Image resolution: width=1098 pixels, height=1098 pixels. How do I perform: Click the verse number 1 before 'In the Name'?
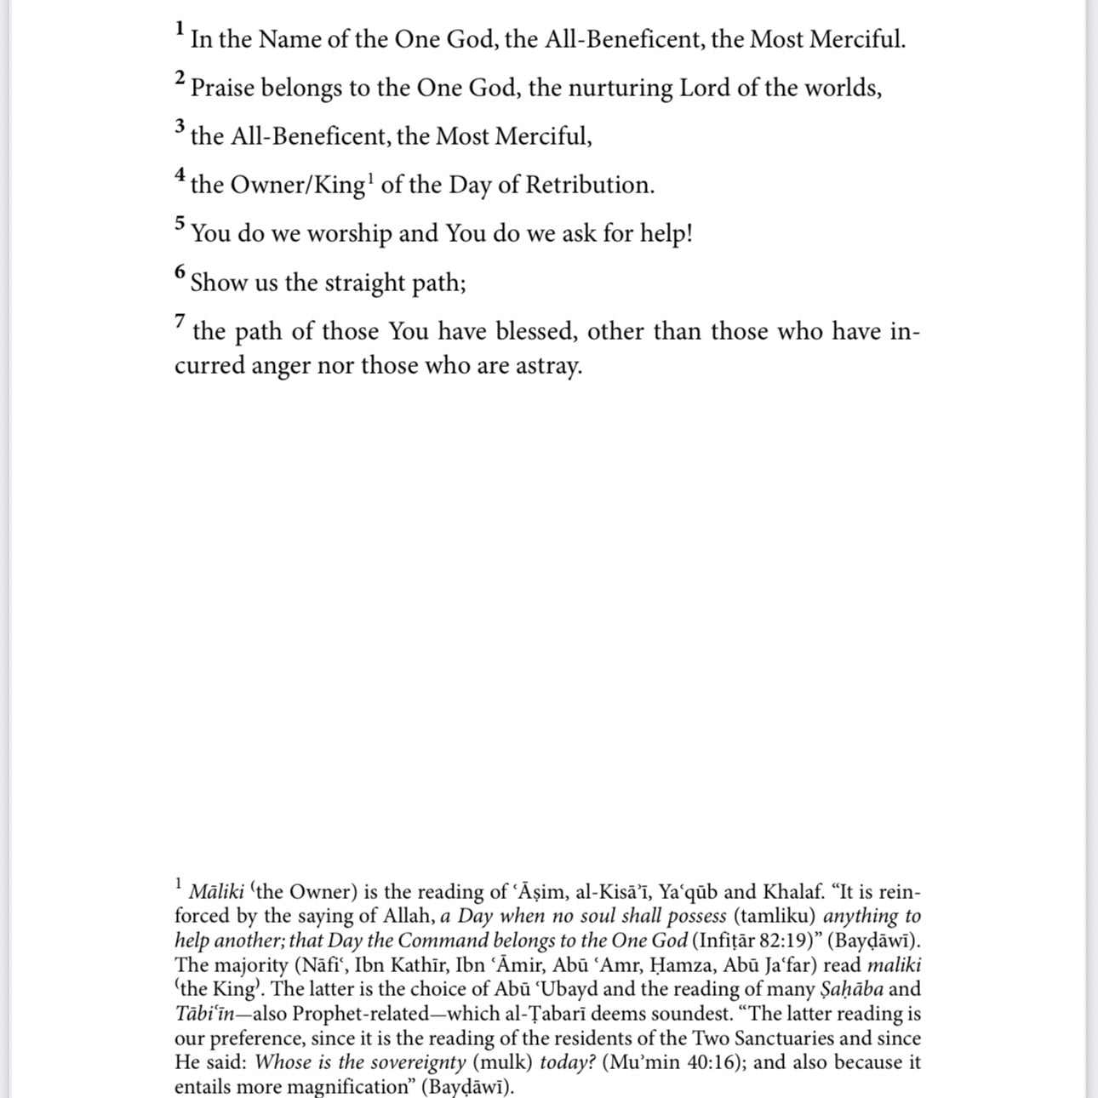(180, 28)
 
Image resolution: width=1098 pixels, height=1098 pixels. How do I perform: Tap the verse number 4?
(180, 174)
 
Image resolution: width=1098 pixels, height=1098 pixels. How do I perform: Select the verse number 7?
(180, 321)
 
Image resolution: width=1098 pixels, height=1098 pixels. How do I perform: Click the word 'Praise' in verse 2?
(222, 89)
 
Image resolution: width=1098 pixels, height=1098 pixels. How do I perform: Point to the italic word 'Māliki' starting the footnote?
(216, 892)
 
